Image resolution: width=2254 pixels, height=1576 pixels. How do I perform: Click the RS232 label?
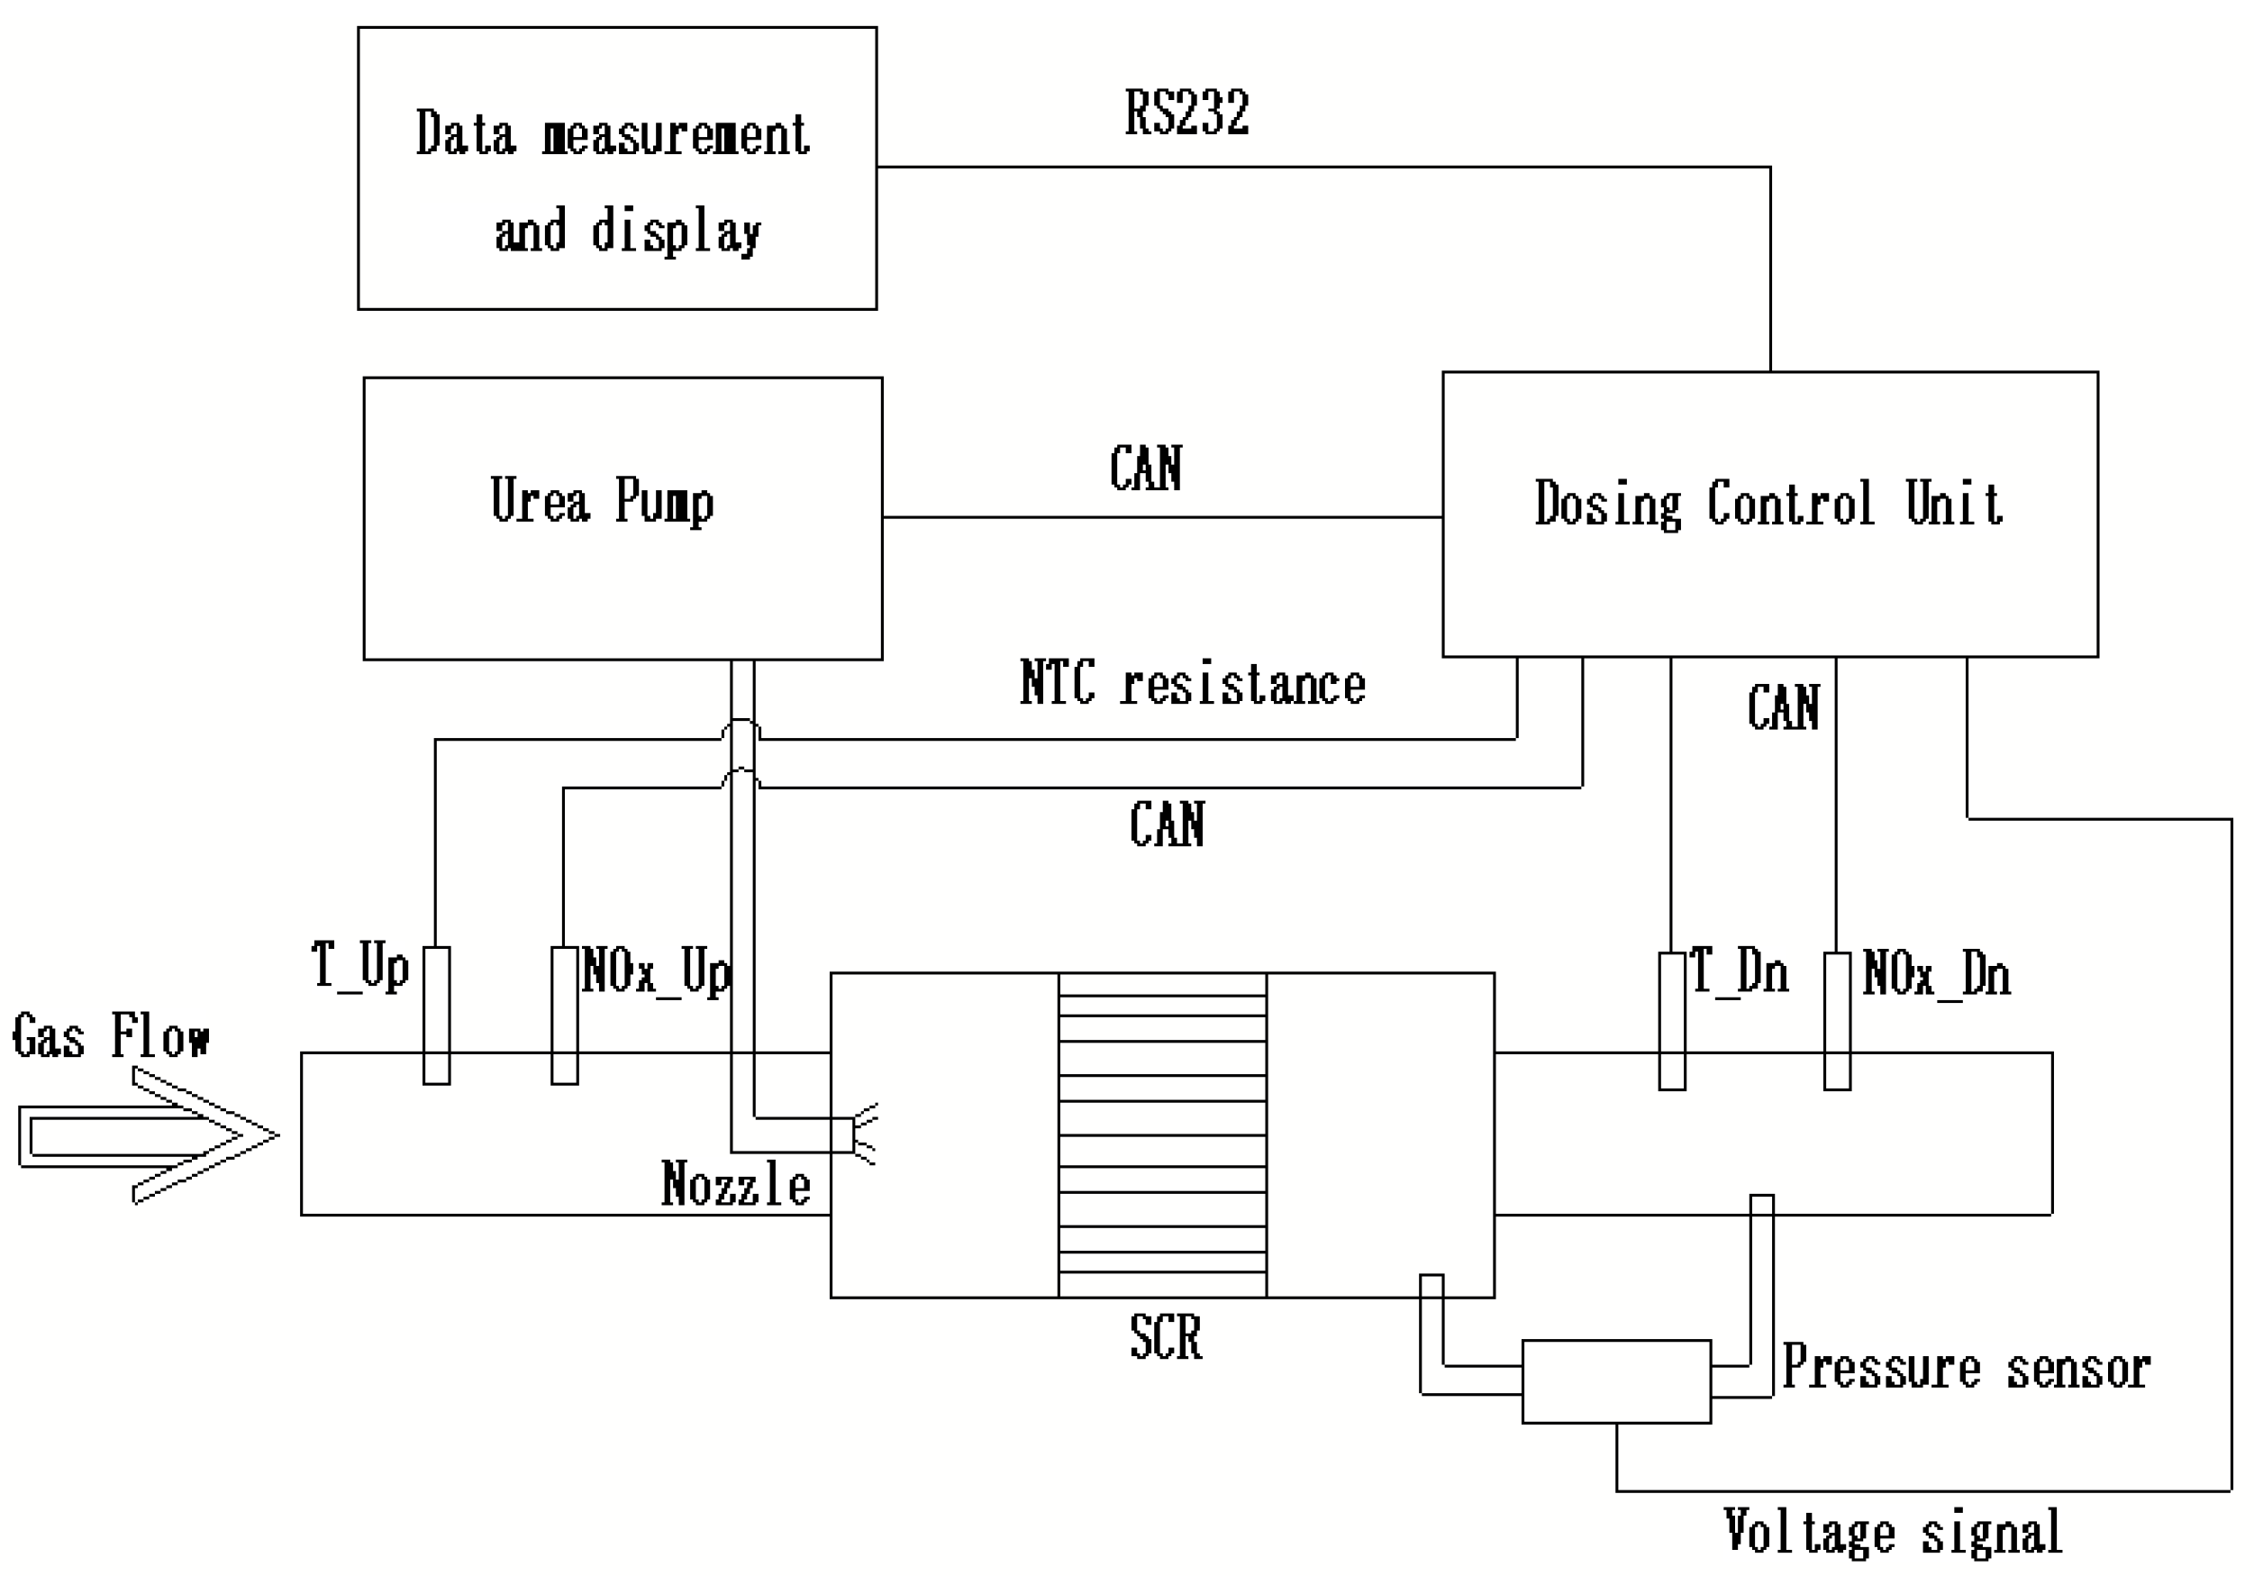1186,113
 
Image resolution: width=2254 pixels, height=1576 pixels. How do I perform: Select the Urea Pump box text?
602,500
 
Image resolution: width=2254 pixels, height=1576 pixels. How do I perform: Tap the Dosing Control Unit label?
1768,504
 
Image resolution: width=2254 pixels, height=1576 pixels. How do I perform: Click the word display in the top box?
676,232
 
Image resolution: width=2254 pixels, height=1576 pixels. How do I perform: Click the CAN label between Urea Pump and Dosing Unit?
1145,469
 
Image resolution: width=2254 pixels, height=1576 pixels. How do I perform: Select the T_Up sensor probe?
436,1016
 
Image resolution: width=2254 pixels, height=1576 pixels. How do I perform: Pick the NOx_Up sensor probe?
565,1016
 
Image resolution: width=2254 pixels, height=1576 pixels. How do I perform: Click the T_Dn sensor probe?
1672,1021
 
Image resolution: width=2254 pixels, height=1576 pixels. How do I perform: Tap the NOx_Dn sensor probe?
1837,1021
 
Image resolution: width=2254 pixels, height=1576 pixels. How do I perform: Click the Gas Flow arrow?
147,1136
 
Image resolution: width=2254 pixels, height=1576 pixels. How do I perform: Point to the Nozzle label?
735,1184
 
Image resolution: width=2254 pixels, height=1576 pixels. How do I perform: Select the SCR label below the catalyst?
1165,1337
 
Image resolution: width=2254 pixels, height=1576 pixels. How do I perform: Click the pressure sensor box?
1616,1380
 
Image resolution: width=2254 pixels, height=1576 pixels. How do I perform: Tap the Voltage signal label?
1892,1532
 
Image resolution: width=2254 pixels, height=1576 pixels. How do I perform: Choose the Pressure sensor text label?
1966,1368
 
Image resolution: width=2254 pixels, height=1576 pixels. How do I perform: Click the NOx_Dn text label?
1936,975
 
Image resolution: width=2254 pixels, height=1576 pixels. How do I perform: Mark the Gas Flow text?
110,1036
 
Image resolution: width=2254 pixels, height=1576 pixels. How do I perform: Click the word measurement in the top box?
676,134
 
